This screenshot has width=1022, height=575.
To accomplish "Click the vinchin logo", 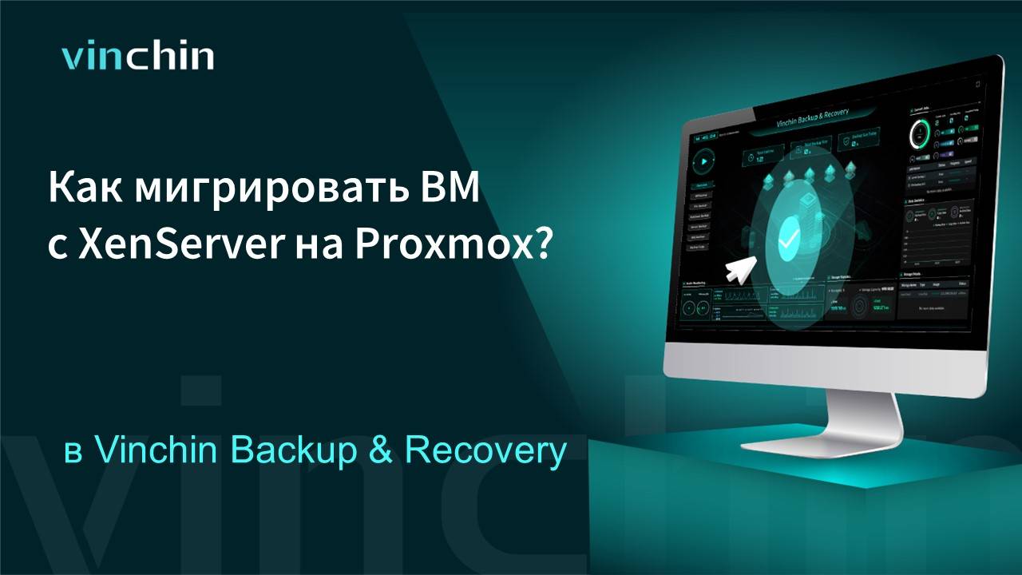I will tap(138, 57).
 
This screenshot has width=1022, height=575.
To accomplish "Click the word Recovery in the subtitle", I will tap(485, 451).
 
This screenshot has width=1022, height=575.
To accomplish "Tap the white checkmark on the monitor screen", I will tap(789, 237).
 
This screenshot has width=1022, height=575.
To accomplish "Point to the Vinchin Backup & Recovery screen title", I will tap(813, 118).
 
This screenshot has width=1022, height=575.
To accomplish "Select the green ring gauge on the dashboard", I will tap(921, 133).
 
